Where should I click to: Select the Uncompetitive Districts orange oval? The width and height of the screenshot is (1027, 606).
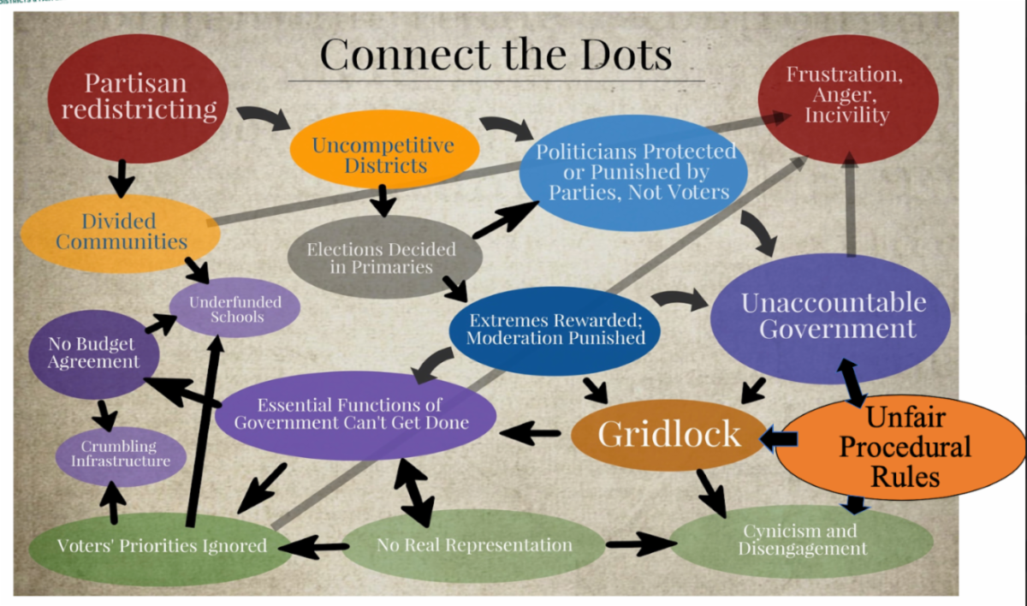pyautogui.click(x=383, y=154)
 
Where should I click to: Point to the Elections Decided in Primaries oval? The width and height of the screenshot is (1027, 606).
pyautogui.click(x=381, y=258)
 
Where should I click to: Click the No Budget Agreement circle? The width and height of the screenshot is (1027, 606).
pyautogui.click(x=92, y=353)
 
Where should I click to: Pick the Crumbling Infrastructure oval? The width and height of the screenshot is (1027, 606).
pyautogui.click(x=120, y=454)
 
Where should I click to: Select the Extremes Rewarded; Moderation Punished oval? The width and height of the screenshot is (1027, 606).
pyautogui.click(x=555, y=328)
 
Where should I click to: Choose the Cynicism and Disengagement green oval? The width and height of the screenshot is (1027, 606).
pyautogui.click(x=799, y=539)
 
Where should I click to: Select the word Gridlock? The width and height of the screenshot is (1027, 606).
pyautogui.click(x=668, y=434)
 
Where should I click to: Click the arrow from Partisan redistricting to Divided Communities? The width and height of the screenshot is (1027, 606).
pyautogui.click(x=124, y=179)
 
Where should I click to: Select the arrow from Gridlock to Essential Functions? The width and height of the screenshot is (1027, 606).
pyautogui.click(x=531, y=433)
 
